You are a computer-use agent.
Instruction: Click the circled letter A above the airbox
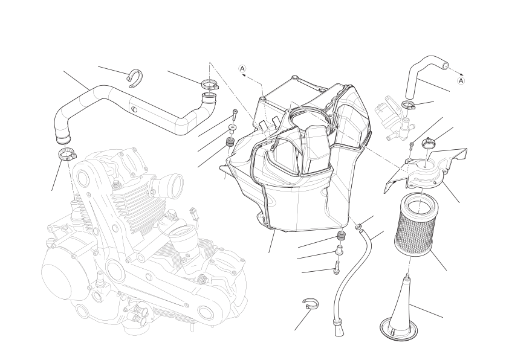(242, 68)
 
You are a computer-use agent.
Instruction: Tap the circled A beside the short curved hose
(461, 80)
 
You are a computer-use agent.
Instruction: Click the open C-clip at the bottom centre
(311, 304)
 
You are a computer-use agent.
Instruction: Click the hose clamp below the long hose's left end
(67, 154)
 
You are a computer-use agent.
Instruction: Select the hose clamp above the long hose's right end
(209, 85)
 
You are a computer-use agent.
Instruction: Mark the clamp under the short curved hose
(409, 104)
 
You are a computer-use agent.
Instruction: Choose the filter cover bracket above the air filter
(426, 169)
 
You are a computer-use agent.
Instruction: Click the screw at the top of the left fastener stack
(235, 115)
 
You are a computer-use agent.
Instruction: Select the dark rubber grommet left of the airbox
(230, 142)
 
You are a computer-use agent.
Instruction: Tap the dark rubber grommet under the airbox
(341, 236)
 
